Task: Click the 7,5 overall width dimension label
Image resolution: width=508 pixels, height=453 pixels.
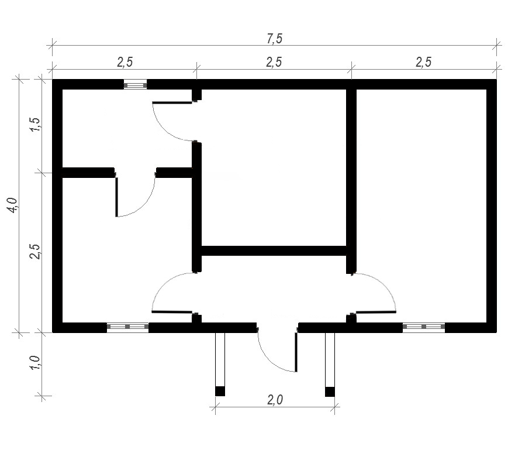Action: (275, 39)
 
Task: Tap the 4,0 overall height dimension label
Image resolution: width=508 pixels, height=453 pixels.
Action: (14, 205)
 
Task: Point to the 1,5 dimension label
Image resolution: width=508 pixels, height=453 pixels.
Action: (35, 124)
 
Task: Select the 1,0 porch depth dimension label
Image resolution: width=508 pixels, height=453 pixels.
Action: (35, 362)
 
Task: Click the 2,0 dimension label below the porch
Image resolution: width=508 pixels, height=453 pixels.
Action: (275, 400)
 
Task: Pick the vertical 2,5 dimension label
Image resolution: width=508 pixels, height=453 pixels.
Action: (35, 250)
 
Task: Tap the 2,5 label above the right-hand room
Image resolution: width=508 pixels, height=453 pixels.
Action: (424, 62)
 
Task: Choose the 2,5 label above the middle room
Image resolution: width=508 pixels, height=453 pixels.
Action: (274, 62)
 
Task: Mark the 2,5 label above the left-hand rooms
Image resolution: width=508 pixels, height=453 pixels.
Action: (125, 62)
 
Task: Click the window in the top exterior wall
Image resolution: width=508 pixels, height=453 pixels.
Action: (136, 85)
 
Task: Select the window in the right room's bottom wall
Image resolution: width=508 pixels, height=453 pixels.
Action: (424, 327)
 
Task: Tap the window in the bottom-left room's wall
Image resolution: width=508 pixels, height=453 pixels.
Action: (127, 327)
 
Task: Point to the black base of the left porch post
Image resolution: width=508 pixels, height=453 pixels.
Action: (220, 392)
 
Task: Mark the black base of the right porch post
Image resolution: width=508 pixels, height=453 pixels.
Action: (330, 392)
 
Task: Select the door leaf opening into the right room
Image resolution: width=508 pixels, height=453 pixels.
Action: (376, 313)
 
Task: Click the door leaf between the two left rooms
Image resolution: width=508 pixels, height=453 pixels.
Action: (117, 197)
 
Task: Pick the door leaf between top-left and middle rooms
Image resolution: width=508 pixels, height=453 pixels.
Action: (172, 103)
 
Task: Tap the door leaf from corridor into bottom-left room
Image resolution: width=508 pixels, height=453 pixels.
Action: (172, 312)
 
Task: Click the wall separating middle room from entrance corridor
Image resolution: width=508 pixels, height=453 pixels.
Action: (274, 250)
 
